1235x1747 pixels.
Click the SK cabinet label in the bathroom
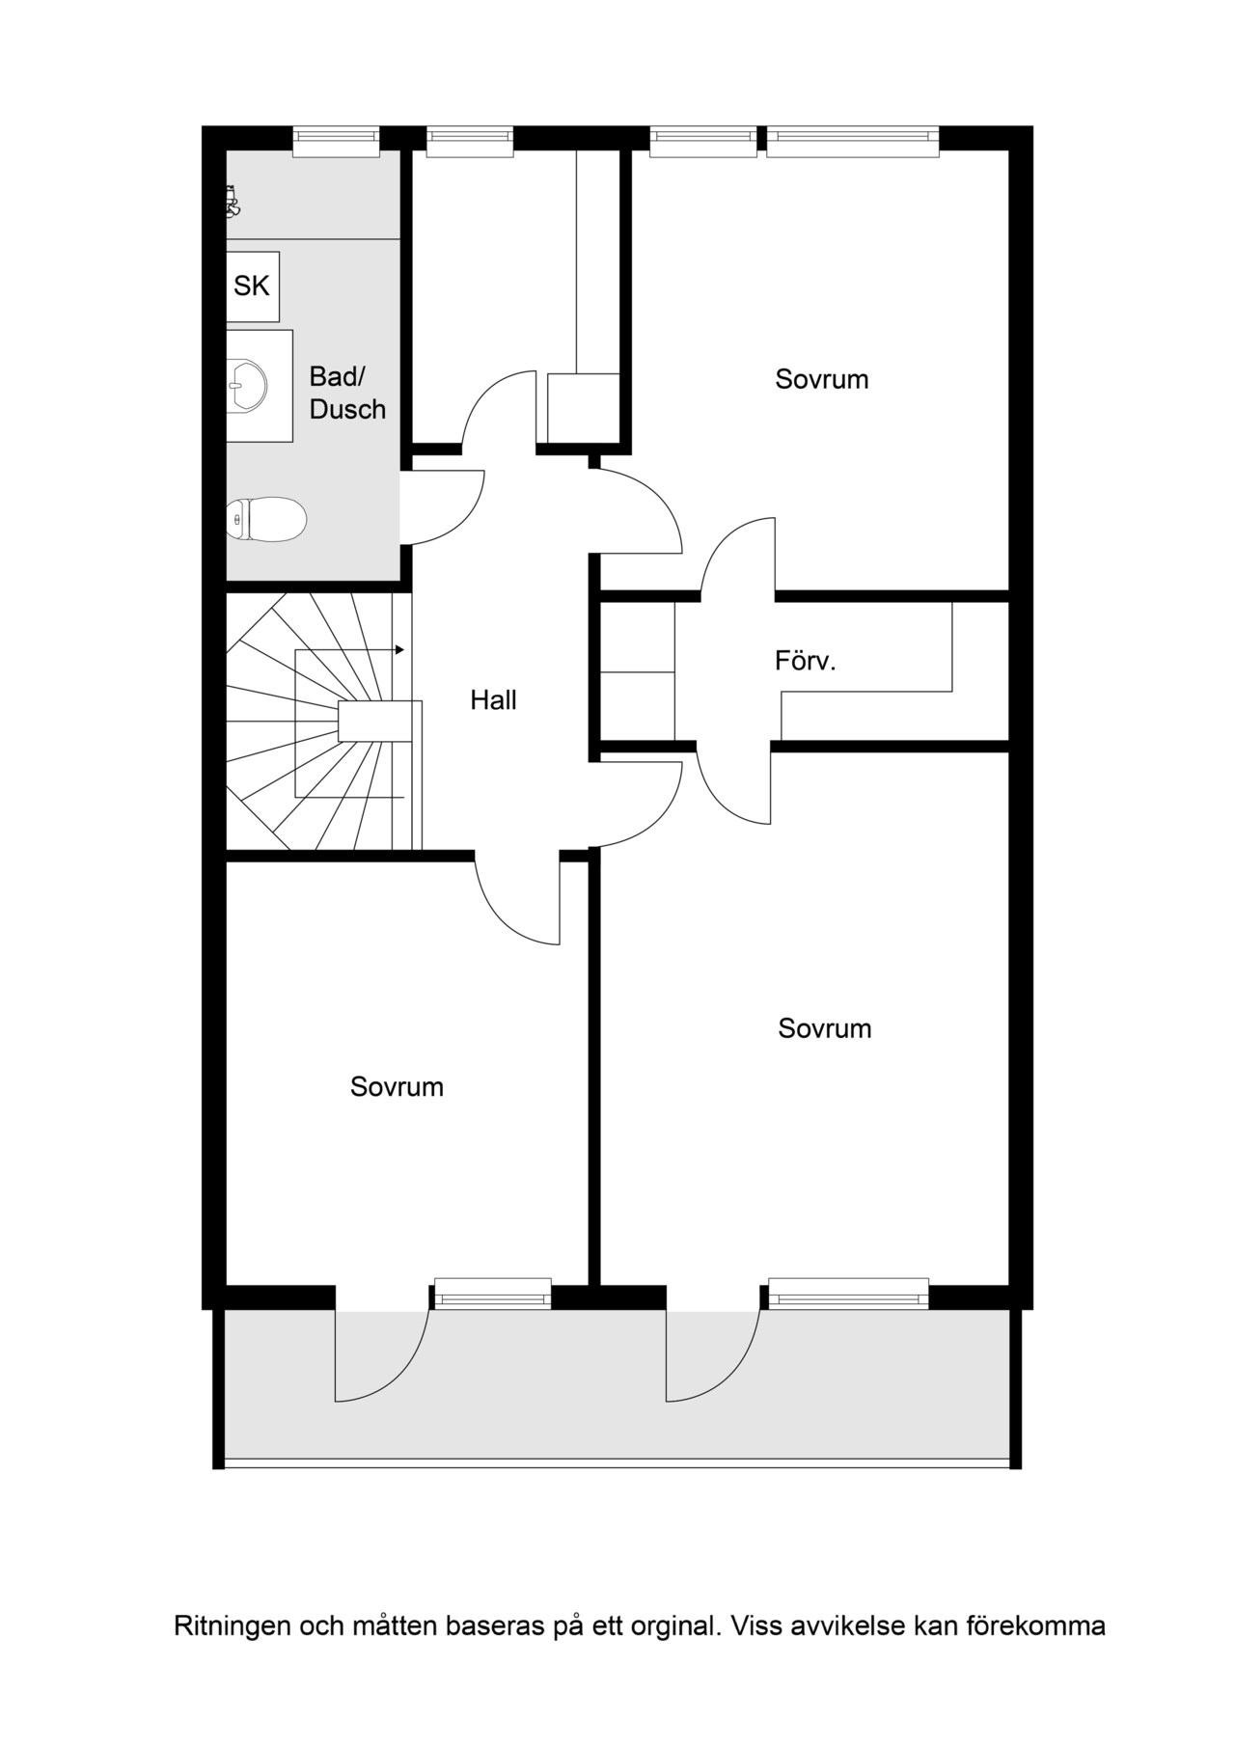[252, 286]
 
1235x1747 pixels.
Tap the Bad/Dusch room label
[347, 393]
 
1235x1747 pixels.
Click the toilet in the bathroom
[266, 519]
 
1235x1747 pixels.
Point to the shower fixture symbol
[232, 202]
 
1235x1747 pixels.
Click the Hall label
[493, 700]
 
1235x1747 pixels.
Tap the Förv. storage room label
[805, 662]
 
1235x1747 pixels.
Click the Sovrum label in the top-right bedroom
[822, 379]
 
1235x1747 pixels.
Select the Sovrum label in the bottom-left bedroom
[397, 1087]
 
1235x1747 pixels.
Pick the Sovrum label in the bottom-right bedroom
[825, 1028]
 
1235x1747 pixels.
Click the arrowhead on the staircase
[399, 650]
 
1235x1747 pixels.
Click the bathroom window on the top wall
[336, 142]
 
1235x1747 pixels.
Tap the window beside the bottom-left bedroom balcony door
[493, 1293]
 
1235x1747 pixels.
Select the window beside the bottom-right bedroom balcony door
[849, 1293]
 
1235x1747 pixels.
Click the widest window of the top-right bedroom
[853, 142]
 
